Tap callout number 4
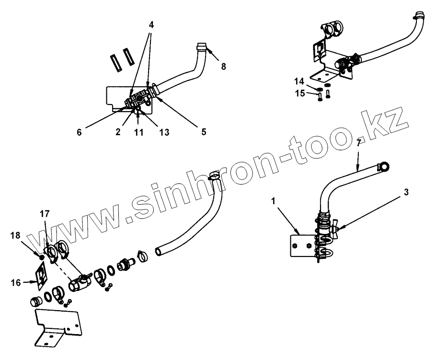coord(151,24)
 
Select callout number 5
coord(204,131)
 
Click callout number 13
coord(164,132)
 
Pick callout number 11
coord(138,132)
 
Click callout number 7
coord(358,142)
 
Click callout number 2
coord(117,132)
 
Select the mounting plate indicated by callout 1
coord(301,246)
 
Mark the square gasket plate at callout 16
coord(42,276)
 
